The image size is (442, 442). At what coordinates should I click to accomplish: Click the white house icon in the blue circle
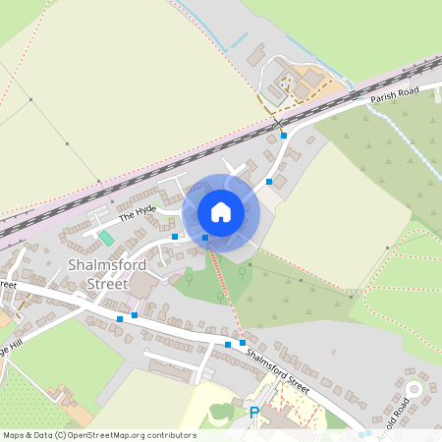pyautogui.click(x=220, y=212)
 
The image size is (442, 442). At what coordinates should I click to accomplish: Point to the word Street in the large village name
pyautogui.click(x=108, y=284)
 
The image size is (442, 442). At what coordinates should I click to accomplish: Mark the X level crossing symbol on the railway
pyautogui.click(x=280, y=124)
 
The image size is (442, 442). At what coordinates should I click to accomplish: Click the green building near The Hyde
pyautogui.click(x=106, y=238)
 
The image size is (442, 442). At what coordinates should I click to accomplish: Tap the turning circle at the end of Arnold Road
pyautogui.click(x=413, y=390)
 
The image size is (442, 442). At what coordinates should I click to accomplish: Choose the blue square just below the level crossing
pyautogui.click(x=284, y=136)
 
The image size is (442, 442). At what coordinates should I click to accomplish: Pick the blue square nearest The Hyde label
pyautogui.click(x=175, y=237)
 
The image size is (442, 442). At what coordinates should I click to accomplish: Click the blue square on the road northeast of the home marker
pyautogui.click(x=269, y=182)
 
